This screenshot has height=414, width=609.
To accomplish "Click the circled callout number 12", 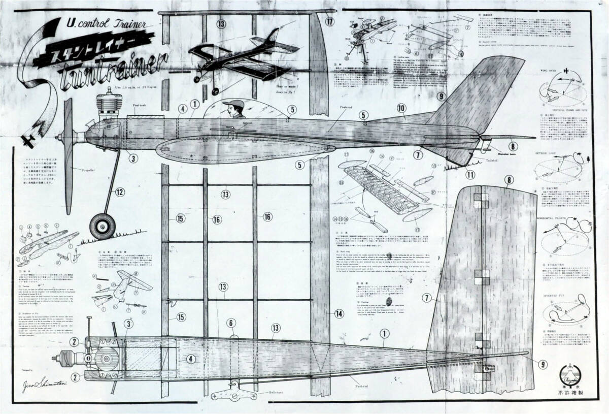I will coord(119,192).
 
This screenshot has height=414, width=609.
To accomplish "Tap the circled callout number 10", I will coord(401,108).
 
